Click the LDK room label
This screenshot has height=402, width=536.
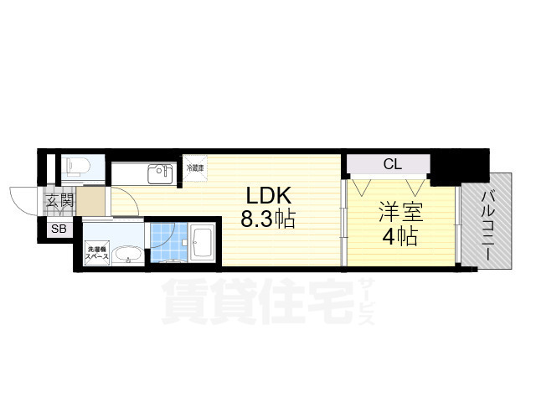point(267,195)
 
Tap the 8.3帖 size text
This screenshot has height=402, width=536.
point(268,220)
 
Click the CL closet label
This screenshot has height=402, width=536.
point(392,164)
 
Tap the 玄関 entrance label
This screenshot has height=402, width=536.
point(59,201)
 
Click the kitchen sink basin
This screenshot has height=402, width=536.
point(159,174)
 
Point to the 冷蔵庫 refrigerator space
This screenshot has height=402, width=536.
point(195,168)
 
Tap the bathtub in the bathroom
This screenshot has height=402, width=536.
point(202,244)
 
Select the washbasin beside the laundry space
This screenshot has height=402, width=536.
point(126,255)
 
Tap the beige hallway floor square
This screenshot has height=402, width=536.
point(94,202)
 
